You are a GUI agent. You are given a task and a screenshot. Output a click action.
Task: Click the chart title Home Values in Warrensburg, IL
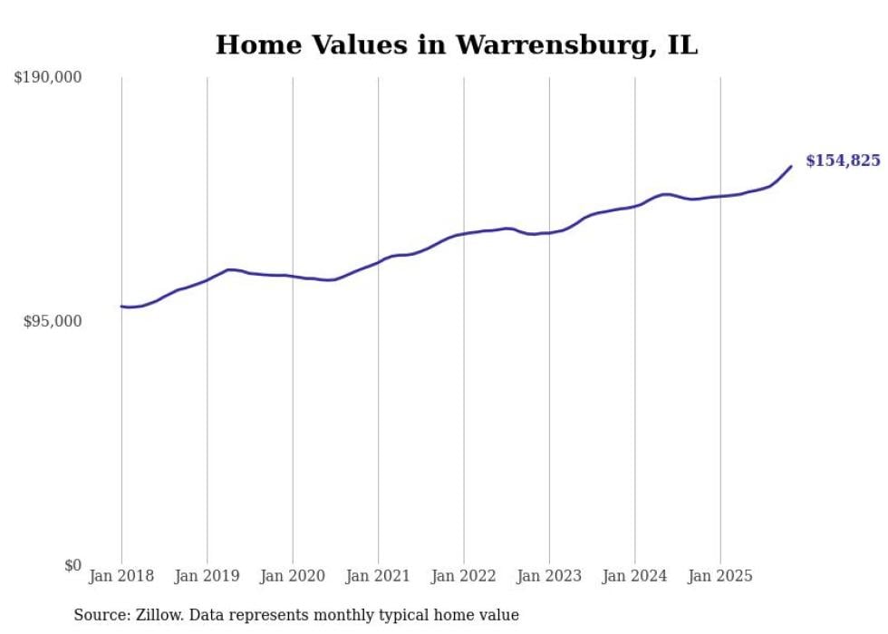[456, 45]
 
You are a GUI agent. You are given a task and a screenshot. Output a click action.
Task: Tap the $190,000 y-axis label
[48, 78]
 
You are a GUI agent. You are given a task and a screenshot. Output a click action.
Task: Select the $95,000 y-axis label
[53, 321]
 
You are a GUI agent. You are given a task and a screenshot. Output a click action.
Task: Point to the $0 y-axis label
[72, 565]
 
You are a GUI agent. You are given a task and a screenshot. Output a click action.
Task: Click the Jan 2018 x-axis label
[121, 576]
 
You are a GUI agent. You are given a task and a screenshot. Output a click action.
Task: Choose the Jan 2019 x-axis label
[208, 576]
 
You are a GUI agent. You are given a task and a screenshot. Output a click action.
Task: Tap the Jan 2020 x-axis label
[293, 576]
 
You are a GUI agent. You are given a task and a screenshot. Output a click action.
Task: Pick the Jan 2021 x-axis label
[378, 576]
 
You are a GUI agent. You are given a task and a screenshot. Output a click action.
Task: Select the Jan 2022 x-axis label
[464, 576]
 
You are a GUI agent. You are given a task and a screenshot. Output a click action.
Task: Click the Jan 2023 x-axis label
[549, 576]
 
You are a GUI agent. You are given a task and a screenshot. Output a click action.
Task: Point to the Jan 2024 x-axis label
[635, 576]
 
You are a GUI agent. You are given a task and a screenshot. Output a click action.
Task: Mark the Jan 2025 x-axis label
[720, 576]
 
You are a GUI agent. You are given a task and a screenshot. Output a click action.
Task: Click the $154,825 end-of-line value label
[843, 161]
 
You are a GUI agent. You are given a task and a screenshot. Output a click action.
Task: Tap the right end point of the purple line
[791, 166]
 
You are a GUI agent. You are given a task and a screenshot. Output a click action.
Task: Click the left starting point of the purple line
[121, 307]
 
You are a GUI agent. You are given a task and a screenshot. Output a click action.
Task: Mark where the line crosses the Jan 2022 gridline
[464, 234]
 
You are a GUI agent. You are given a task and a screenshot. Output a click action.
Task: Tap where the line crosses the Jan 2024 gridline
[635, 205]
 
